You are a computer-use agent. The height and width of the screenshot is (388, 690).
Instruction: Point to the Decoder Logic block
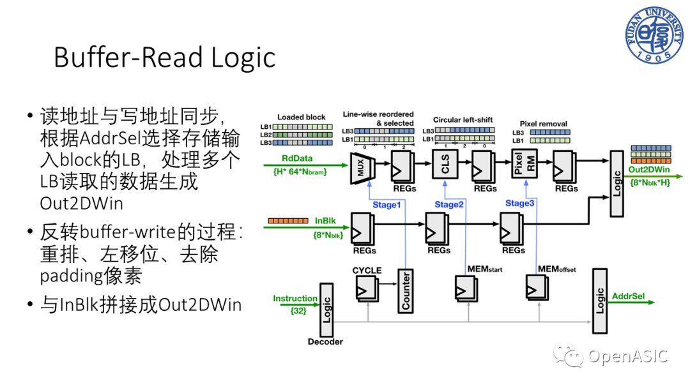point(327,308)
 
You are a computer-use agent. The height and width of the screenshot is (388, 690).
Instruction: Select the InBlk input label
point(325,220)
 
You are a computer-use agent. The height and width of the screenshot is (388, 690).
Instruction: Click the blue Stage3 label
point(519,203)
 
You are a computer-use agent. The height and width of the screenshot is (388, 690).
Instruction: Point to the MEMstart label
point(485,269)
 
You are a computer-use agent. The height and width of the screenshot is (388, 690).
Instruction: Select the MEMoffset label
point(556,269)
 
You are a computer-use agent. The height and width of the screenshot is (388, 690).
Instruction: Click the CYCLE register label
point(367,270)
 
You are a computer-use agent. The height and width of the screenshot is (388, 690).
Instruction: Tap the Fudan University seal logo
point(652,35)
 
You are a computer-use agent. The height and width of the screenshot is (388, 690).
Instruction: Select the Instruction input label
point(295,298)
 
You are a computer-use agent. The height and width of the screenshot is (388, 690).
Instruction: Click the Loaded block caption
point(301,117)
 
